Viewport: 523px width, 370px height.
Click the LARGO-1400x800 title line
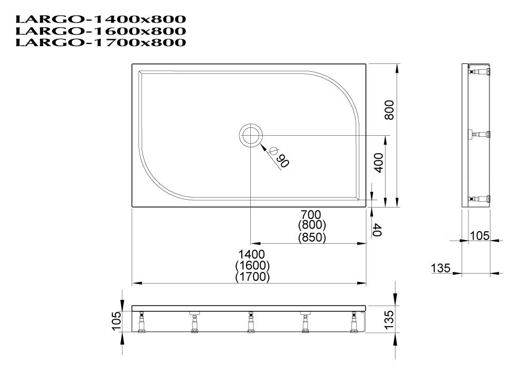101,20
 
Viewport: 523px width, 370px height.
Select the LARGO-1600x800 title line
101,31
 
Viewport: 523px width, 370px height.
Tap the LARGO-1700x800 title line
101,42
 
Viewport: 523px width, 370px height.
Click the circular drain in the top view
250,135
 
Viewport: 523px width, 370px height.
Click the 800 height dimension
389,110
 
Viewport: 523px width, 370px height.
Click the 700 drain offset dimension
311,214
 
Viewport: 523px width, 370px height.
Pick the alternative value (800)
311,225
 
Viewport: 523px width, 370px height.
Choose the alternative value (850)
311,237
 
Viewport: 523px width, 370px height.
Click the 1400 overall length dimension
252,255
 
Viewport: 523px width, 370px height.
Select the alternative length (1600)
252,266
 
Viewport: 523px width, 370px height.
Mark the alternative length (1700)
252,277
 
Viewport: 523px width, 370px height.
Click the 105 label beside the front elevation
116,321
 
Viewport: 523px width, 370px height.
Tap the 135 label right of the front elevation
389,318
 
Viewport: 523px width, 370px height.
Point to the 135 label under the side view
441,268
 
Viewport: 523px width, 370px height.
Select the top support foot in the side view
479,71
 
